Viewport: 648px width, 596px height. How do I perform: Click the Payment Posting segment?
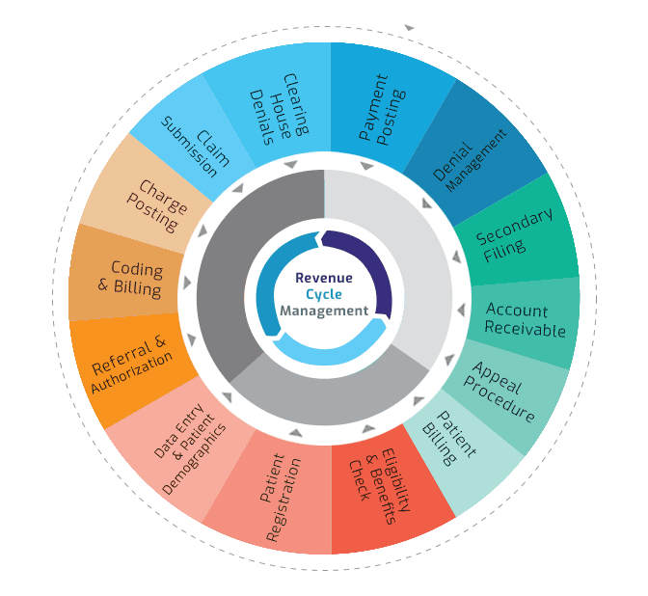tap(382, 108)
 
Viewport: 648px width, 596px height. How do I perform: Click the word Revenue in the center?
tap(324, 278)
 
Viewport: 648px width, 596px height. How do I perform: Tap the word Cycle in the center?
tap(324, 294)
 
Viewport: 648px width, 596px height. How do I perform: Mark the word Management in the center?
tap(324, 311)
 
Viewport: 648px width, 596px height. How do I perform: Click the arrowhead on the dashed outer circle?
tap(409, 27)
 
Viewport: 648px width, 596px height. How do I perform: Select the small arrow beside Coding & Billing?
tap(188, 284)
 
